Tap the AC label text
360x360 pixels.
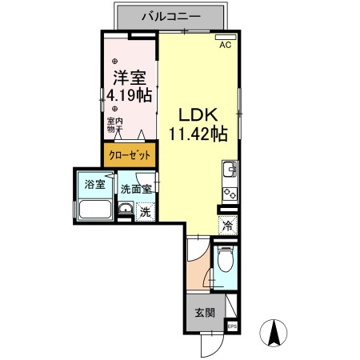226,45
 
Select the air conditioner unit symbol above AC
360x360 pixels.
226,36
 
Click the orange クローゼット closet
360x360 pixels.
128,154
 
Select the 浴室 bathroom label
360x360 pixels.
94,186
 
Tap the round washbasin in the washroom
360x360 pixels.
126,210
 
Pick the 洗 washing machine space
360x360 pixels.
145,212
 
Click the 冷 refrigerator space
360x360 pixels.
228,226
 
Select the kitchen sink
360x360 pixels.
228,170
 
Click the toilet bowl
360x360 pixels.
226,261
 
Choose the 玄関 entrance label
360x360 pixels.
204,312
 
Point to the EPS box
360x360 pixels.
233,326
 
